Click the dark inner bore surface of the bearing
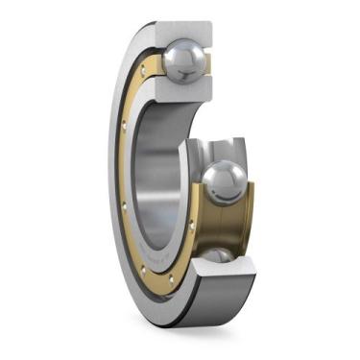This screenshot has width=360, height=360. click(x=154, y=173)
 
